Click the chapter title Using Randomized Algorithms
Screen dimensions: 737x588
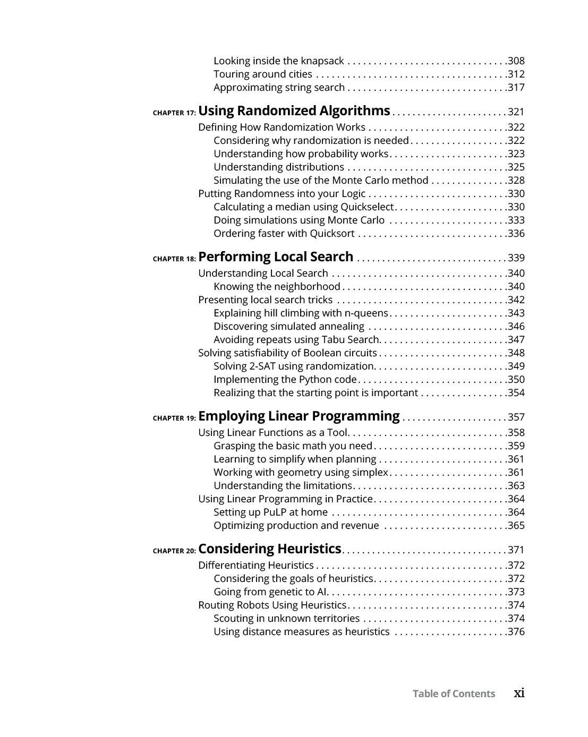294,111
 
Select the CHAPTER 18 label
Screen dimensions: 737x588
174,259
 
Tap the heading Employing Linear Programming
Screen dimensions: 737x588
299,416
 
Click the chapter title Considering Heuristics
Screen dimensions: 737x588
269,549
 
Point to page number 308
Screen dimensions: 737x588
516,61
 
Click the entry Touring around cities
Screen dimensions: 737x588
262,74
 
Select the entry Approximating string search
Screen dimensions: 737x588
279,88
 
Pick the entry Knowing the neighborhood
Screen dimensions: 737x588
276,287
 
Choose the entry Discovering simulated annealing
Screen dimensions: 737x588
288,327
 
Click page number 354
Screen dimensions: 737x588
516,393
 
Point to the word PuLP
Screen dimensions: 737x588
275,512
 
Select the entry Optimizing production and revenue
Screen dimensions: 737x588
296,526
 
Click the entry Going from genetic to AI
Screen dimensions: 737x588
270,592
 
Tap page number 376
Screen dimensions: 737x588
516,632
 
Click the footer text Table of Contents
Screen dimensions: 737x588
454,694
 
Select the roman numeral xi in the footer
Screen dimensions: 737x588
519,693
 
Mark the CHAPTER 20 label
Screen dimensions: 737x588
174,551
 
